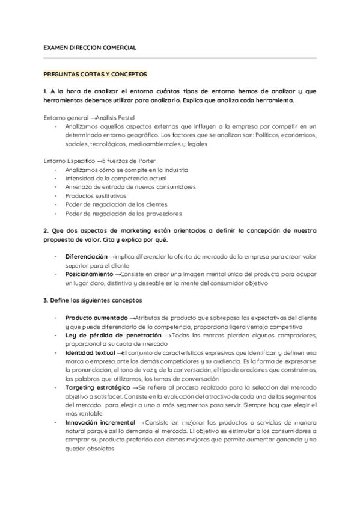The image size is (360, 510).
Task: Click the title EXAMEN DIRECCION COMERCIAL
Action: tap(90, 47)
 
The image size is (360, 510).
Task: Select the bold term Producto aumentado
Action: tap(96, 318)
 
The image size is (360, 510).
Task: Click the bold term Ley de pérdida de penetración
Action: tap(113, 335)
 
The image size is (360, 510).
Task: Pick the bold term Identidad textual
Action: tap(90, 352)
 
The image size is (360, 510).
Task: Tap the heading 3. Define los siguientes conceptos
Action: tap(92, 300)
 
